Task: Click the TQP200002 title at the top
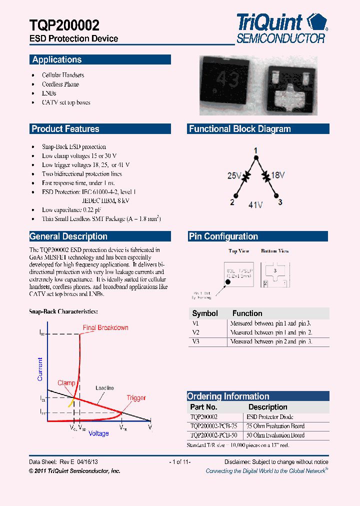(65, 25)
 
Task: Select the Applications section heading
(57, 59)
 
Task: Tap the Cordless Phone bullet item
(60, 84)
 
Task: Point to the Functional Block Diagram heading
(239, 129)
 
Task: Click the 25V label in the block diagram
(234, 175)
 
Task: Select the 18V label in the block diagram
(277, 175)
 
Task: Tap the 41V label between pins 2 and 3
(256, 204)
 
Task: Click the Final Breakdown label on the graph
(105, 328)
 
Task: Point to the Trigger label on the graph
(136, 398)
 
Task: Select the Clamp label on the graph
(66, 383)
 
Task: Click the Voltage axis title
(98, 433)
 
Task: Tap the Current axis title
(40, 369)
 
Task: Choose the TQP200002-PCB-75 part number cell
(213, 426)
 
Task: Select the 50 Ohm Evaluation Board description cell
(275, 435)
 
